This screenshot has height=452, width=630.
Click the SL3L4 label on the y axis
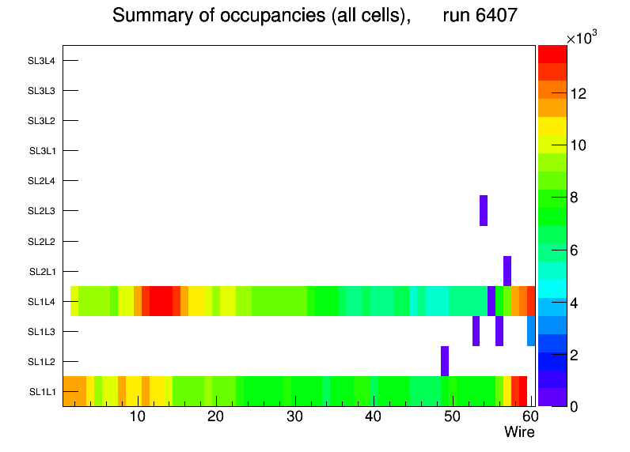42,61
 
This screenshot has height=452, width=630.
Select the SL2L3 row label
42,211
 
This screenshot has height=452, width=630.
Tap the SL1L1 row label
42,392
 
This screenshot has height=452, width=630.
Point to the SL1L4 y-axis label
42,302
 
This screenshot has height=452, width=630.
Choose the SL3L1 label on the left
42,151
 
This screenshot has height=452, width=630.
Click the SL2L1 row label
42,272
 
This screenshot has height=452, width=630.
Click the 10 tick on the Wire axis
137,416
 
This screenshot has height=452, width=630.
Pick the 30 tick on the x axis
294,416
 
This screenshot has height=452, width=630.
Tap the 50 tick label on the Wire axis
452,416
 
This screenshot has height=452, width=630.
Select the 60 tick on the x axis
529,416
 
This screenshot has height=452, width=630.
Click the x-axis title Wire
519,432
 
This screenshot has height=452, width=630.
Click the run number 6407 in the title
491,16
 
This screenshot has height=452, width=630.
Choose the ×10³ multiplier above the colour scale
584,39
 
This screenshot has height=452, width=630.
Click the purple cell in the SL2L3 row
484,210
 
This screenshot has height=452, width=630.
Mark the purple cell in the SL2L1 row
507,270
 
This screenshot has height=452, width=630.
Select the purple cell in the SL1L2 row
445,361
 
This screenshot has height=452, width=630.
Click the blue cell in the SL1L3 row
531,331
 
